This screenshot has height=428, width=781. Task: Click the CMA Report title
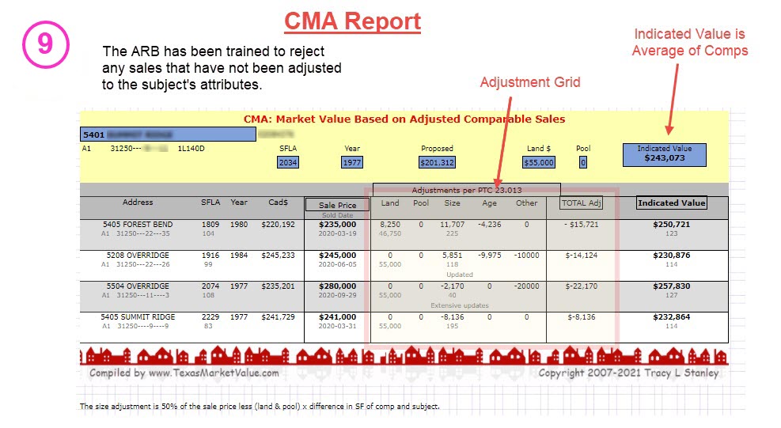pos(352,21)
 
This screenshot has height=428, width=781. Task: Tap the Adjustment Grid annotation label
pos(530,82)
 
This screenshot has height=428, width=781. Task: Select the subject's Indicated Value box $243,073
pos(664,154)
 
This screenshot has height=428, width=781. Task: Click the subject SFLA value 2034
pos(288,162)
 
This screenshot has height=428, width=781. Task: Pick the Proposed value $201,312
pos(438,162)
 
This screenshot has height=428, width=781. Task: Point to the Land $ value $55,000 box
pos(539,162)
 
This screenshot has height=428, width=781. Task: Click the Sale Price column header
pos(338,205)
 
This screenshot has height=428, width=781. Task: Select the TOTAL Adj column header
pos(581,203)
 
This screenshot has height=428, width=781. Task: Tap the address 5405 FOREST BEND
pos(138,225)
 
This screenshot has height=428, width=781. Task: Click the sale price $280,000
pos(338,286)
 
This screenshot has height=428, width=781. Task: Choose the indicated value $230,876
pos(671,256)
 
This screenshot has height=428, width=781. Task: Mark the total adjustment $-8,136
pos(581,317)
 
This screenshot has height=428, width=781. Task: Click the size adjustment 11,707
pos(452,225)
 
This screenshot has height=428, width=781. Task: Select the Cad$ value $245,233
pos(278,256)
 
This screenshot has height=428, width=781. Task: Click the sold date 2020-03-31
pos(338,326)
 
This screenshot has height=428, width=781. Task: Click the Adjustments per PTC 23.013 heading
pos(466,190)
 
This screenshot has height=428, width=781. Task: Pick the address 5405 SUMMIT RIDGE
pos(138,317)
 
